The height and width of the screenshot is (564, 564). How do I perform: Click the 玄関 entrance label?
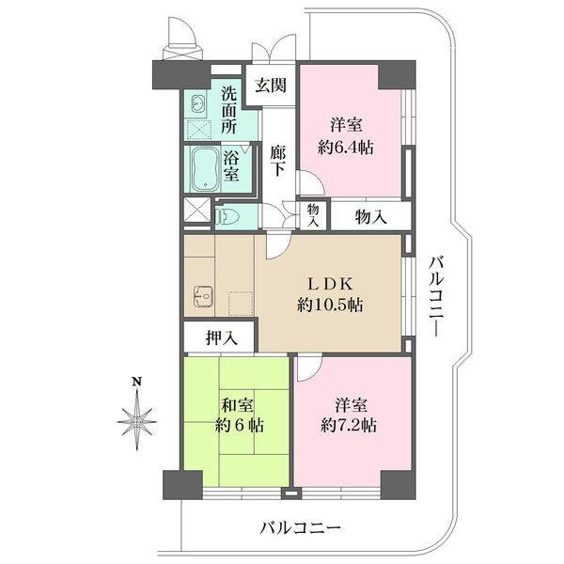coord(271,86)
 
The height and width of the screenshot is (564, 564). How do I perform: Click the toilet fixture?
coord(231,217)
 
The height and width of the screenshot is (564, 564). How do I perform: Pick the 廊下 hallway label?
coord(278,159)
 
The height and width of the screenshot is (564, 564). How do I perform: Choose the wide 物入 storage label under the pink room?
coord(370,216)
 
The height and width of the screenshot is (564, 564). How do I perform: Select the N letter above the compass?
coord(137,381)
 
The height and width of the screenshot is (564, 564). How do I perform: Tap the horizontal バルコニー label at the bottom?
coord(300,528)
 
